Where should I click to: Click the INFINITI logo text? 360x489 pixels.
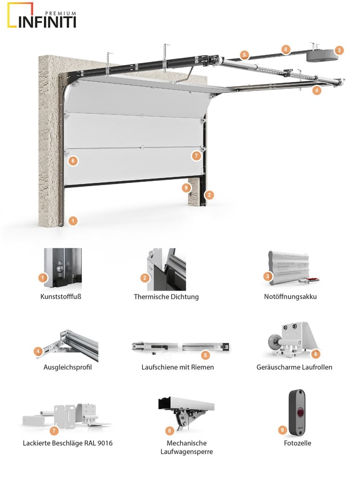(47, 22)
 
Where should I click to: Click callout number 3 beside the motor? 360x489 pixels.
(339, 50)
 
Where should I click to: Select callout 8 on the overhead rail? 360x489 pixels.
(285, 49)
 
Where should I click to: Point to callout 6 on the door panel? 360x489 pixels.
(73, 161)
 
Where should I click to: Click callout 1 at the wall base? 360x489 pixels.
(73, 221)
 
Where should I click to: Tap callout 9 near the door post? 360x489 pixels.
(186, 188)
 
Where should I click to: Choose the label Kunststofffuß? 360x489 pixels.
(61, 296)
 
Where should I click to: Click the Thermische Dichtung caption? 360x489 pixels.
(166, 296)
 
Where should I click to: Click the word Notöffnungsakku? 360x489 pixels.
(290, 296)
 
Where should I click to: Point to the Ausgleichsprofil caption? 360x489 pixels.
(67, 367)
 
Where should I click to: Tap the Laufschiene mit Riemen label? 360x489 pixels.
(178, 367)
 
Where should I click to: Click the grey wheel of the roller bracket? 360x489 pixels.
(273, 341)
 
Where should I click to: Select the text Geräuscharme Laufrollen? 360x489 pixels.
(294, 367)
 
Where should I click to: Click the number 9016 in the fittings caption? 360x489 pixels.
(104, 443)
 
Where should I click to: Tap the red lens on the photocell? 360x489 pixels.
(300, 413)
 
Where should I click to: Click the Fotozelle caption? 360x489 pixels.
(297, 443)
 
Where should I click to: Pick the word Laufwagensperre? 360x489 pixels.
(187, 452)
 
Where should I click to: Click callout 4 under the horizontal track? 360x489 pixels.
(316, 90)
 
